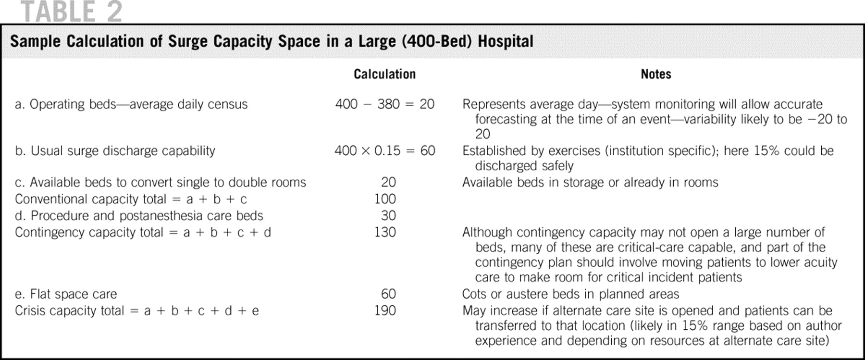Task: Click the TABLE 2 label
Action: [72, 12]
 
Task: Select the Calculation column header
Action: [384, 74]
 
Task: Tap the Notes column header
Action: [655, 74]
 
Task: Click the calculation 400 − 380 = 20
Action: [384, 104]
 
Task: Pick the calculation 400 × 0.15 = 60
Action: [384, 151]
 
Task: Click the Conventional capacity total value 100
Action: [385, 199]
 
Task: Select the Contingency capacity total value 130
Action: [385, 232]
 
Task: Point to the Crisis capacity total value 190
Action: [385, 310]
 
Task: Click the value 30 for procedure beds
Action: [388, 216]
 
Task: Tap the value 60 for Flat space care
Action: [388, 294]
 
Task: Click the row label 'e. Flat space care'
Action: [66, 294]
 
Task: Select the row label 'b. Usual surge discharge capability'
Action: [115, 151]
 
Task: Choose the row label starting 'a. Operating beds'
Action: [131, 104]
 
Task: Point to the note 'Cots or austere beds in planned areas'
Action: [570, 294]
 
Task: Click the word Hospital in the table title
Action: [506, 41]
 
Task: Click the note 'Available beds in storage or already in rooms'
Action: [590, 183]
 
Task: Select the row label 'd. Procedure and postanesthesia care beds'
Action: [139, 216]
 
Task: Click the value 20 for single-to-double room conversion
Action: [388, 183]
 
